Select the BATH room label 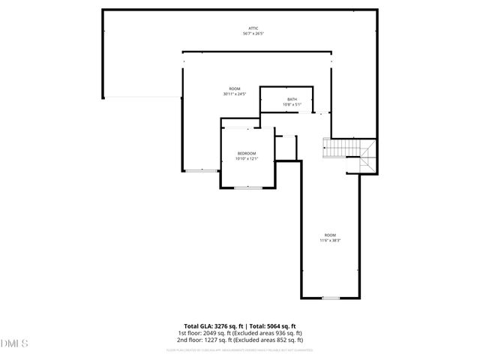pos(292,99)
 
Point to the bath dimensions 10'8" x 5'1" pos(292,105)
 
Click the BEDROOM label pos(247,153)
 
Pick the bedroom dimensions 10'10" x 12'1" pos(247,159)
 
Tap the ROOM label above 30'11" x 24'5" pos(234,88)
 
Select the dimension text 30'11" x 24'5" pos(234,94)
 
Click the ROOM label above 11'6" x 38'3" pos(331,235)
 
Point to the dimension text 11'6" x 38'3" pos(331,241)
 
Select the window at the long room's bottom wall pos(331,298)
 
